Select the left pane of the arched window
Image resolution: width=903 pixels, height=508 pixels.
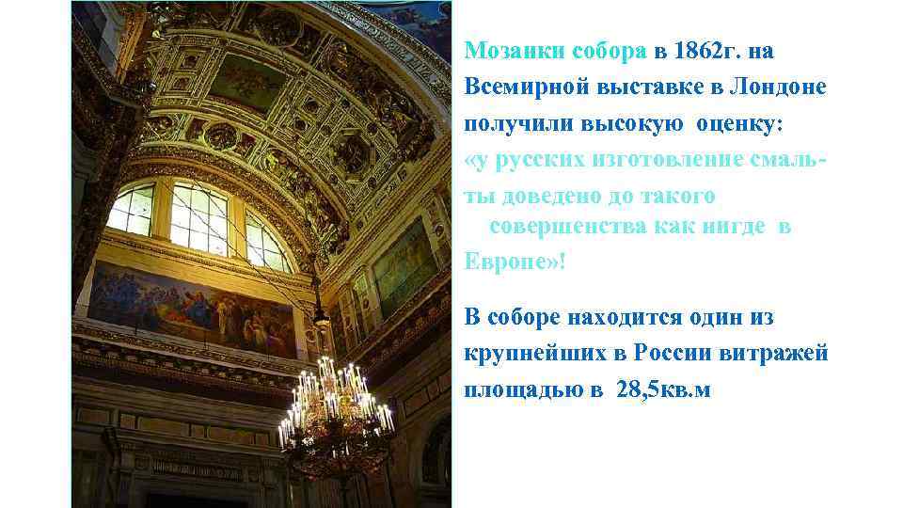(x=132, y=209)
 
